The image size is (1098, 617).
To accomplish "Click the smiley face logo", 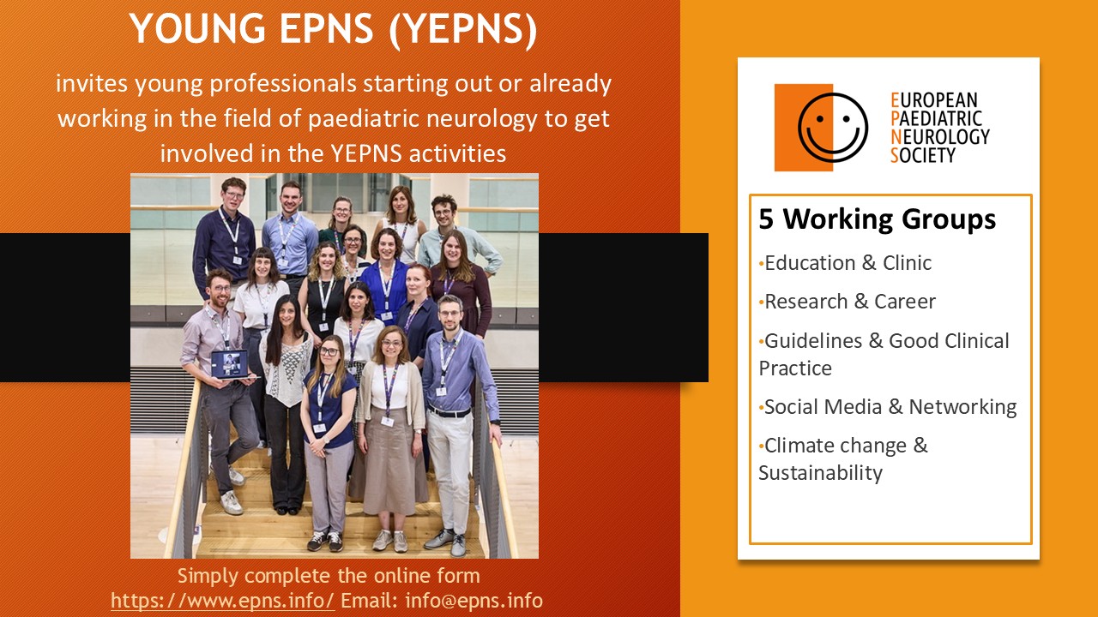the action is pyautogui.click(x=833, y=128).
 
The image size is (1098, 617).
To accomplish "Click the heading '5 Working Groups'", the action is pyautogui.click(x=878, y=219).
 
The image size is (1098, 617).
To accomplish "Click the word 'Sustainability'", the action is pyautogui.click(x=820, y=473).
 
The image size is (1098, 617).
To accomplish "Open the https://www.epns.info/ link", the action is pyautogui.click(x=223, y=601).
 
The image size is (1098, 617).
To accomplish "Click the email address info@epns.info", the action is pyautogui.click(x=474, y=601).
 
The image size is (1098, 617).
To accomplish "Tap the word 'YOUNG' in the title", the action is pyautogui.click(x=198, y=28).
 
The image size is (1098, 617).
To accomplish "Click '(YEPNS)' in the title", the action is pyautogui.click(x=463, y=29).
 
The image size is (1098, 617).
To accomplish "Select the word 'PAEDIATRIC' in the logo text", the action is pyautogui.click(x=937, y=118).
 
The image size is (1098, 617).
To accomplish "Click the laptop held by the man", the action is pyautogui.click(x=232, y=365).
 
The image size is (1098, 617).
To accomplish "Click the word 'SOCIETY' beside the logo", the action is pyautogui.click(x=923, y=155).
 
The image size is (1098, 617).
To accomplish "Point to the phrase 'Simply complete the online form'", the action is pyautogui.click(x=329, y=576).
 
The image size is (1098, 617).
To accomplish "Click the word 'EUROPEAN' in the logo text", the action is pyautogui.click(x=934, y=100).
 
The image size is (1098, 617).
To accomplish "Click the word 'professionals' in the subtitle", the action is pyautogui.click(x=283, y=84).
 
